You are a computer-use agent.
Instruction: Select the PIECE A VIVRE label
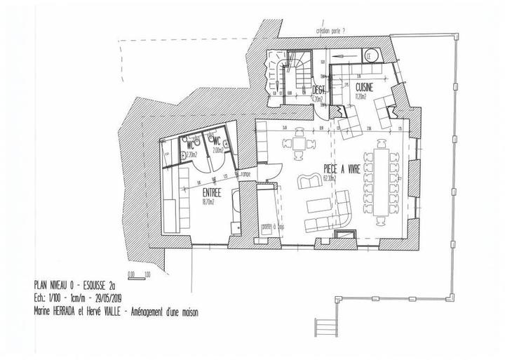[342, 168]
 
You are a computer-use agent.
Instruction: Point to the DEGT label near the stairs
[318, 91]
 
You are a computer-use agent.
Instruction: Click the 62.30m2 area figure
[330, 178]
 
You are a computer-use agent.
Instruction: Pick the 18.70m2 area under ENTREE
[209, 201]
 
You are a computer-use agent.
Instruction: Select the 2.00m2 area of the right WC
[217, 149]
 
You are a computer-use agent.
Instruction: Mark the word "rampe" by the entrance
[246, 174]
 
